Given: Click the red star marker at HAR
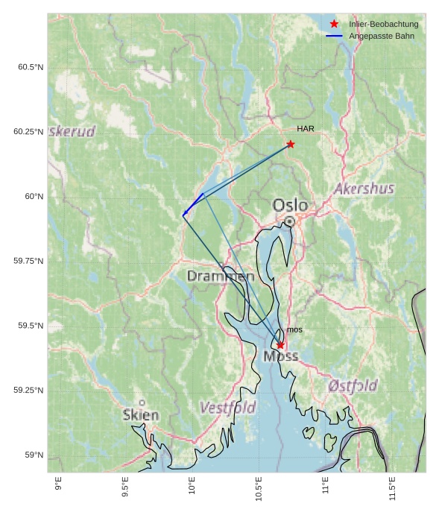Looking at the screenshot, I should (x=290, y=144).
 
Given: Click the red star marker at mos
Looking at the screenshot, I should (x=280, y=344).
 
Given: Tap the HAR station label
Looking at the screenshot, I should (x=306, y=129).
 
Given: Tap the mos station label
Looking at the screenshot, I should (x=294, y=329).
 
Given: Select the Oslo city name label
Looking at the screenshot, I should (x=290, y=205).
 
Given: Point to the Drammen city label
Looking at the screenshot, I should (x=220, y=277).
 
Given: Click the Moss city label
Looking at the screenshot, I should (x=280, y=356).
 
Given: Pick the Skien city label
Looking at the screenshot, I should (x=141, y=415).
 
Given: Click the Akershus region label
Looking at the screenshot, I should (x=364, y=189).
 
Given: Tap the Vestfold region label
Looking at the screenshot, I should (x=228, y=408).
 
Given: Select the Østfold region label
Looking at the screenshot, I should (x=353, y=385).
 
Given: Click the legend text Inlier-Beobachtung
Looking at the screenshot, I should (x=384, y=25).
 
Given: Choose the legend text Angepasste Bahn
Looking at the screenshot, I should (x=382, y=37).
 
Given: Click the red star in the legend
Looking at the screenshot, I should (x=334, y=25).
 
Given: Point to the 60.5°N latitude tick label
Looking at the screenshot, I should (x=31, y=67).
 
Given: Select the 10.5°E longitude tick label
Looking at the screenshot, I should (x=259, y=489).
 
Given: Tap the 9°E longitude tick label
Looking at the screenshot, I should (x=58, y=486).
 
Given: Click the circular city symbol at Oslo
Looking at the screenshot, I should (x=289, y=221).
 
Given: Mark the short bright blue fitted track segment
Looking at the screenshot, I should (x=193, y=204).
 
